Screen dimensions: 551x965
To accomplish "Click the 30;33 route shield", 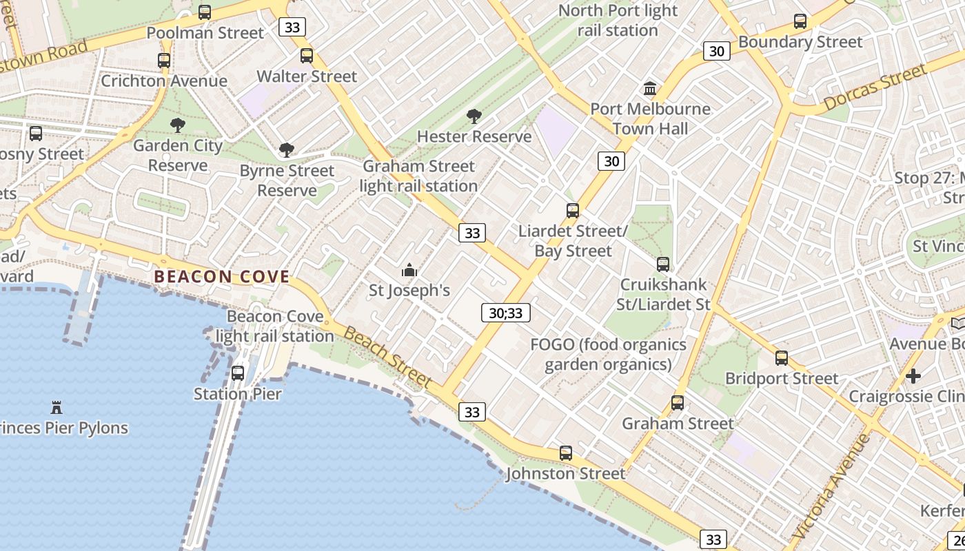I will point(505,313).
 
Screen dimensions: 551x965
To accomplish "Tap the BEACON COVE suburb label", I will point(222,277).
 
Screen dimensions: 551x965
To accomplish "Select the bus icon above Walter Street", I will point(307,56).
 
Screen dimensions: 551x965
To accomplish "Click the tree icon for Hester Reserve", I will point(474,116).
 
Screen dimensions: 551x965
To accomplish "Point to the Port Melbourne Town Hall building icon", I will point(650,88).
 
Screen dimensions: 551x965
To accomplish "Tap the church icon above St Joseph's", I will point(409,270).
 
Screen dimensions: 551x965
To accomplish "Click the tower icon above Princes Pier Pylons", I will point(57,407).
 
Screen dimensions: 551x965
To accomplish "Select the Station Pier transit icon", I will point(238,373).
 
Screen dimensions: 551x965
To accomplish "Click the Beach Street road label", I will point(387,357).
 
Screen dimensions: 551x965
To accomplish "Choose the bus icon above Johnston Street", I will point(566,453).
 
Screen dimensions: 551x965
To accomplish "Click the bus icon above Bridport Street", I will point(781,358).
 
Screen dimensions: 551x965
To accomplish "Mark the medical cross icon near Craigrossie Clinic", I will point(913,376).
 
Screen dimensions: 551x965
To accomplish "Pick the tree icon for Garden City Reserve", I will point(178,125).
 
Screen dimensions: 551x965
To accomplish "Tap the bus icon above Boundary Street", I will point(800,21).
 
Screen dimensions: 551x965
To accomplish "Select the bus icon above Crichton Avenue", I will point(164,61).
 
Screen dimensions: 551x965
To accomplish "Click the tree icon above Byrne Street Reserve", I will point(287,150).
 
